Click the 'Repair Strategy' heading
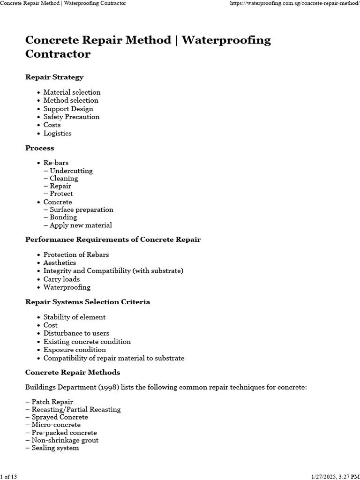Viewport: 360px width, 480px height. [54, 77]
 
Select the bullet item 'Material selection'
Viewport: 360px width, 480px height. [72, 92]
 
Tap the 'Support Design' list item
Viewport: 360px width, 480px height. [68, 109]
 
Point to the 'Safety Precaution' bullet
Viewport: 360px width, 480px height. [71, 117]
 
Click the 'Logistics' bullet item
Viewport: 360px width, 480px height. [57, 133]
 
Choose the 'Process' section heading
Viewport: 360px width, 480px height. [40, 148]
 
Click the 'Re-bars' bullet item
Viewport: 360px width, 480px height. [56, 163]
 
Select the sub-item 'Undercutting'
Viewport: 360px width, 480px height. [71, 171]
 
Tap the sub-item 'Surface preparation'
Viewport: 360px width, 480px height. [81, 210]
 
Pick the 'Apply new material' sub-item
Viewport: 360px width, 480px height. [81, 225]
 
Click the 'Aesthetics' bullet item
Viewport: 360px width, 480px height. [60, 262]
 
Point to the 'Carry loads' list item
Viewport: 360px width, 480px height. [61, 279]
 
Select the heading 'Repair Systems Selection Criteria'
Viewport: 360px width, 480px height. [88, 302]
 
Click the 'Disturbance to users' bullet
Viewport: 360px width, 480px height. [76, 333]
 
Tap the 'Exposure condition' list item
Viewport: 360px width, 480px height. [75, 350]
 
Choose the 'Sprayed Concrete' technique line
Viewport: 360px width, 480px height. [60, 417]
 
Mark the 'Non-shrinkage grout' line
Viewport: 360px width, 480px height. [65, 440]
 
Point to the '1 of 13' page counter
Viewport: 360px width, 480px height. [8, 477]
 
